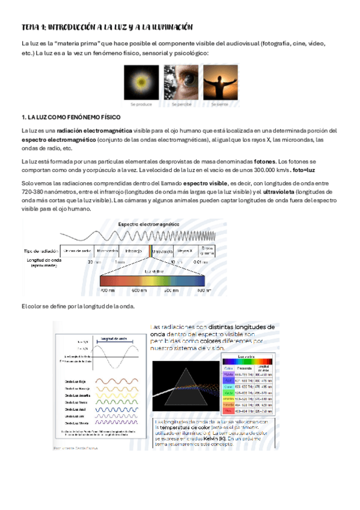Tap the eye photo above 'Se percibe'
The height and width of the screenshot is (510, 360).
point(180,82)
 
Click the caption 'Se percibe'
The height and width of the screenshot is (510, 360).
point(180,105)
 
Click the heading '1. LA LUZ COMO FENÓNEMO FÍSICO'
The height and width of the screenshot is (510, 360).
point(71,116)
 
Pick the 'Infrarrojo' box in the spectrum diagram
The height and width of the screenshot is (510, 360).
point(134,250)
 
